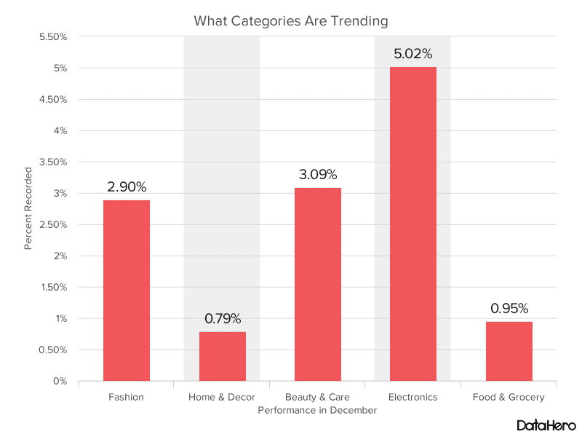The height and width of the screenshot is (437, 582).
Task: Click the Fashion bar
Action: pyautogui.click(x=127, y=290)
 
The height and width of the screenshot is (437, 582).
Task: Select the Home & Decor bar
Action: pyautogui.click(x=223, y=356)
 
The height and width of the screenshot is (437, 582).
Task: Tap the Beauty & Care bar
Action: pyautogui.click(x=318, y=284)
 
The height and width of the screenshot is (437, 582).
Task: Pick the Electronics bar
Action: pyautogui.click(x=413, y=224)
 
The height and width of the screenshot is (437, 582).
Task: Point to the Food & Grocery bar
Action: pyautogui.click(x=509, y=351)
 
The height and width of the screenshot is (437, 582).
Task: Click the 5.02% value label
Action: pyautogui.click(x=413, y=54)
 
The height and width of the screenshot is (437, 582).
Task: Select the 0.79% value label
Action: pyautogui.click(x=223, y=318)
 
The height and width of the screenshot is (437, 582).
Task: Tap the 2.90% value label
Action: pyautogui.click(x=127, y=186)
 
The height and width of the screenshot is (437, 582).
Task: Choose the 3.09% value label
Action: pyautogui.click(x=318, y=175)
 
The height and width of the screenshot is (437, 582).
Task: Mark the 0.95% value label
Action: pyautogui.click(x=509, y=308)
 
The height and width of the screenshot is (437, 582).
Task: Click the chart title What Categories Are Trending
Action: pyautogui.click(x=291, y=20)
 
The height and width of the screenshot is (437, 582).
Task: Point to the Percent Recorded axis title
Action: pyautogui.click(x=28, y=208)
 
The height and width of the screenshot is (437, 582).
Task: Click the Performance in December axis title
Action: pyautogui.click(x=317, y=410)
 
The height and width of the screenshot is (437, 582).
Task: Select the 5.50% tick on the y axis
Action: pyautogui.click(x=52, y=37)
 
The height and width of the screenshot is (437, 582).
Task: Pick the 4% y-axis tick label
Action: pyautogui.click(x=60, y=131)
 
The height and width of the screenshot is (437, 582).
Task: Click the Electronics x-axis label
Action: pyautogui.click(x=413, y=397)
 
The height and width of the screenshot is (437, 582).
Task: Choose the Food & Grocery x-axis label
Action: pyautogui.click(x=509, y=397)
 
